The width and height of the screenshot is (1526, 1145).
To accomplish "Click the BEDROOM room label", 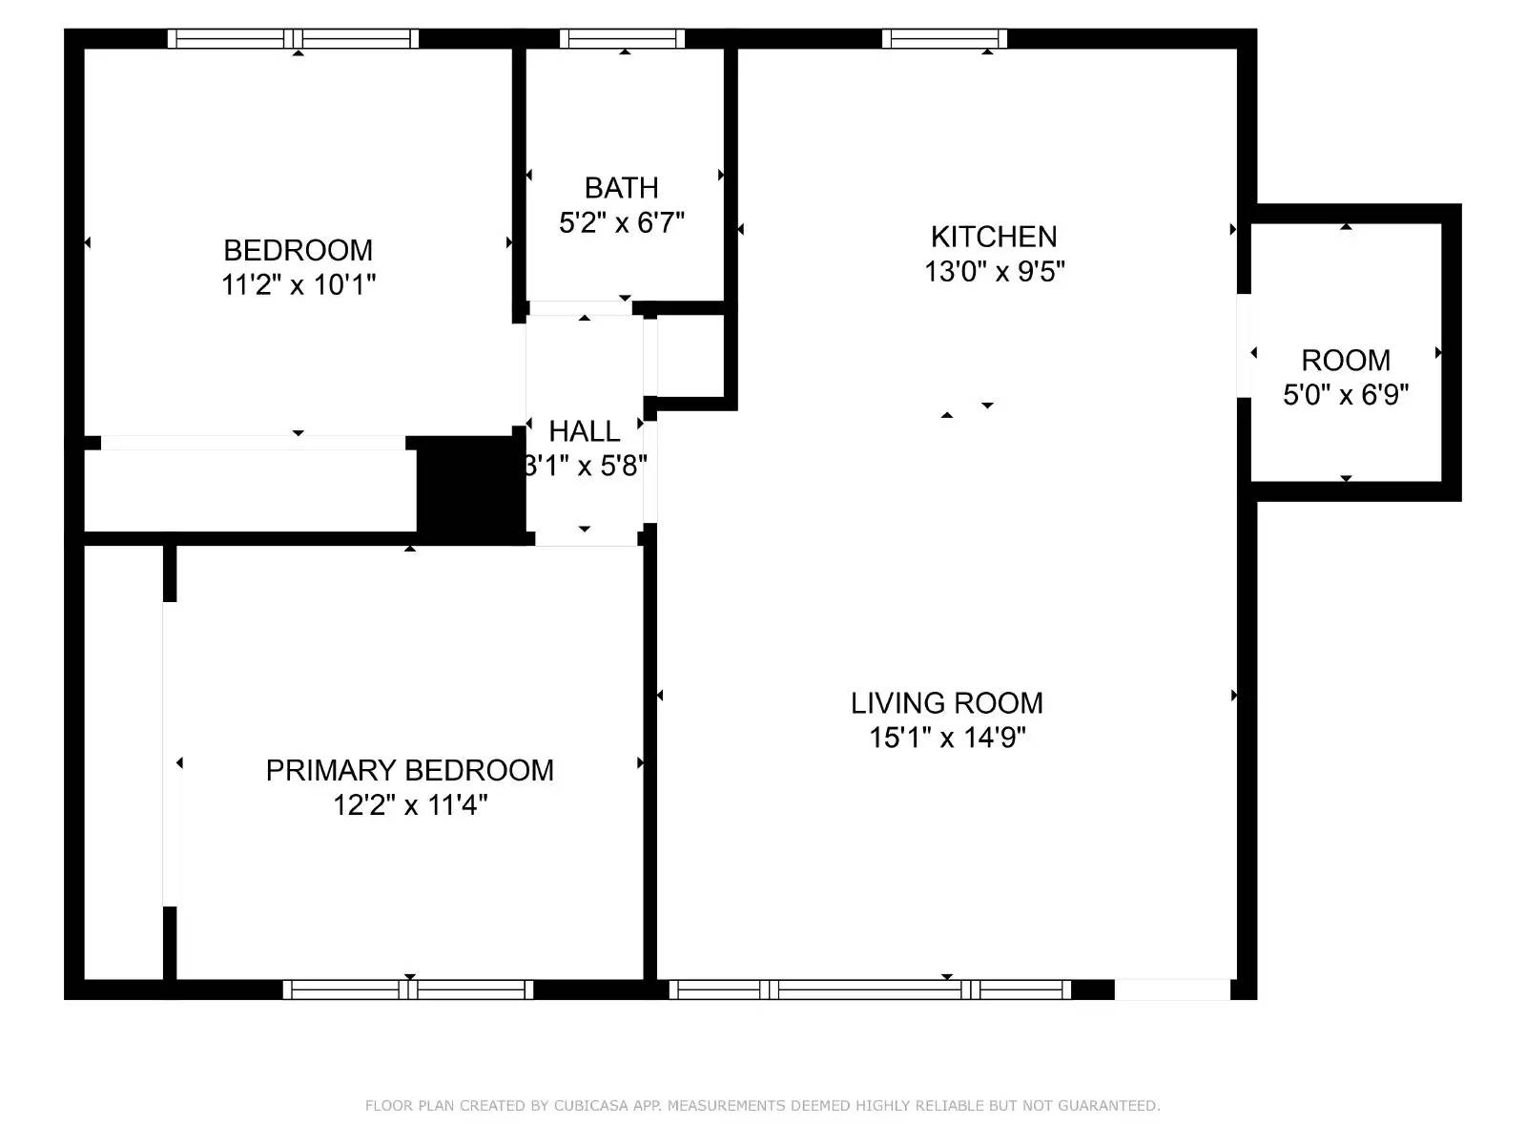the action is coord(298,250).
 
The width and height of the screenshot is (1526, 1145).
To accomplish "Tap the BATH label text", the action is coord(622,188).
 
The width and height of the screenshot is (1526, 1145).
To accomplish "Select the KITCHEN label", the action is coord(994,237).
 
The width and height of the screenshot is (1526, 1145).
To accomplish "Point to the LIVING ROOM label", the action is coord(947,703).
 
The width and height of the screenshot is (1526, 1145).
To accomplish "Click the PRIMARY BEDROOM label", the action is coord(410,770).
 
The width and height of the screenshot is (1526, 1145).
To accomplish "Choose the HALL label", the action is coord(584,431).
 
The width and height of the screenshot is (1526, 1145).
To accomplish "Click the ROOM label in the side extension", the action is coord(1346,361).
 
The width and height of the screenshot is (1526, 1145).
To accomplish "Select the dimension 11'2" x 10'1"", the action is coord(299,285).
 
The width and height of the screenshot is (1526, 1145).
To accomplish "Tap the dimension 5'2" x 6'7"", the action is coord(622,223).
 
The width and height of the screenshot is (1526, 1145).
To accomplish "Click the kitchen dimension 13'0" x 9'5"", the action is coord(994,272).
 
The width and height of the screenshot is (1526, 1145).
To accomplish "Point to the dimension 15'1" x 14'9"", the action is coord(948,738).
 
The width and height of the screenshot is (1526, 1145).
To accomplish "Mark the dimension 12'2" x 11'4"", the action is coord(410,805).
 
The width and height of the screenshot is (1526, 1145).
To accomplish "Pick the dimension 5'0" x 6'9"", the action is coord(1346,395).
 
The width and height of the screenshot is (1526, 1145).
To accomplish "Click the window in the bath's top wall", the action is coord(622,39).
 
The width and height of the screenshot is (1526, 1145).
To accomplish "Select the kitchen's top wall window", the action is coord(945,39).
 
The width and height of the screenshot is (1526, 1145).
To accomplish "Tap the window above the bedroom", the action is coord(293,39).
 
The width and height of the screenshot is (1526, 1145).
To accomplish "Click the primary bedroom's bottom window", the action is coord(408,989).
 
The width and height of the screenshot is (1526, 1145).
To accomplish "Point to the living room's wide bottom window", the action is coord(871,989).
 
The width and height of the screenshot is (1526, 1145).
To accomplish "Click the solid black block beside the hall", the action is coord(470,490).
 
